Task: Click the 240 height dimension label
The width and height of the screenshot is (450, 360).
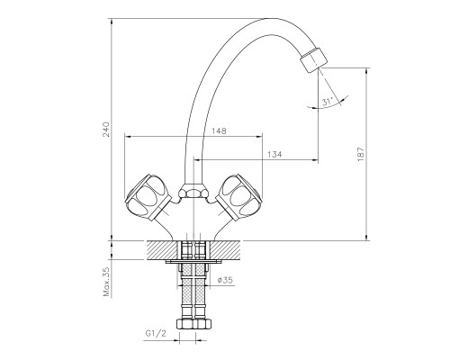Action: coord(106,129)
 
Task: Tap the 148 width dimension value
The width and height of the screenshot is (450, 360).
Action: coord(219,130)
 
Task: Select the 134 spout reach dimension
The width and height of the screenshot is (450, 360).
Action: coord(274,154)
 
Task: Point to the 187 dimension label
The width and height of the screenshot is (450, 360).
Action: coord(361,154)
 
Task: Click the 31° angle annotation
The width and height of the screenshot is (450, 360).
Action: coord(328,102)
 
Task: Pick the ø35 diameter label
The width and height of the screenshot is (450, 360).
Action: coord(225,280)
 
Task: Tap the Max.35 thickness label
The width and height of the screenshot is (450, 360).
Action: coord(107,282)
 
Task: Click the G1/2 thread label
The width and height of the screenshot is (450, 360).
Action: coord(156,333)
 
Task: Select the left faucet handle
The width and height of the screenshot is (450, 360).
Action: coord(148,196)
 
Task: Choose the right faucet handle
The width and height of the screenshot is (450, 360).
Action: coord(239,196)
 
